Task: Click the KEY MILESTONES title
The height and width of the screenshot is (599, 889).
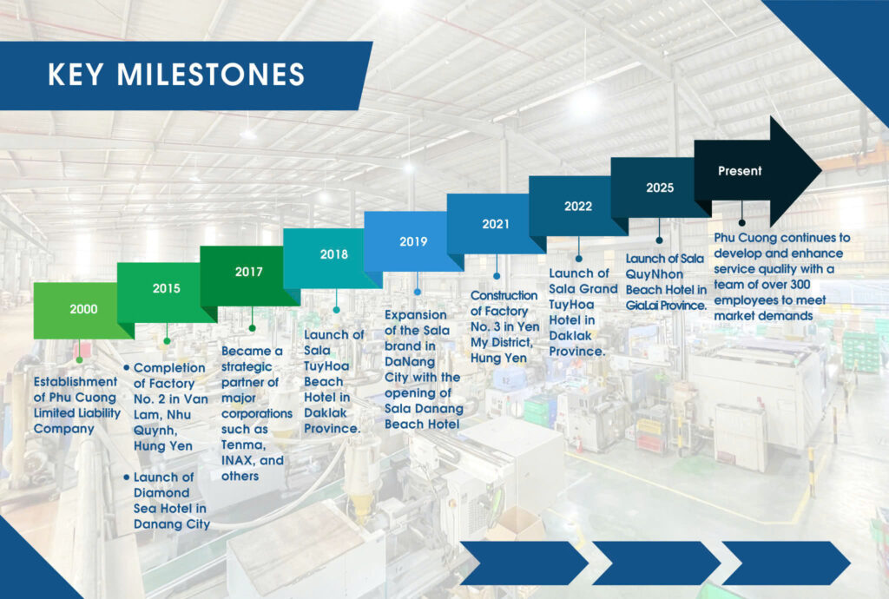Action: (176, 75)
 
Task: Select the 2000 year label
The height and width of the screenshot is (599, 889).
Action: (83, 309)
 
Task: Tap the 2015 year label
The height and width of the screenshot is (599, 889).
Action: (166, 288)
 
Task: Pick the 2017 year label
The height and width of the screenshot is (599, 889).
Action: (249, 272)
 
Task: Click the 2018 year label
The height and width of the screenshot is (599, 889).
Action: (334, 254)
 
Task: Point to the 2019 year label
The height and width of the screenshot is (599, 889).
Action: (413, 241)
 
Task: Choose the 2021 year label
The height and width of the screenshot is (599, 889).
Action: (496, 225)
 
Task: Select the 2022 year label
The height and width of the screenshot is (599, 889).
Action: (577, 207)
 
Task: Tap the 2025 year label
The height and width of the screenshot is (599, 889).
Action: (660, 188)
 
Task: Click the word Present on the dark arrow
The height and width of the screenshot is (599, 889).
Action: (740, 170)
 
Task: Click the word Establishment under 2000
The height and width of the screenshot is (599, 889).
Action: (76, 381)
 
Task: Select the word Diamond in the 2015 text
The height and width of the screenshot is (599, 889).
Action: (161, 492)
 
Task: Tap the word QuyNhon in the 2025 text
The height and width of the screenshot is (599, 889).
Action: (655, 274)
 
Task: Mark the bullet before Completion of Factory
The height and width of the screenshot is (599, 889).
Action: (127, 368)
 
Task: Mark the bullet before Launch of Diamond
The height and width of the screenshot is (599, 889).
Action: (127, 477)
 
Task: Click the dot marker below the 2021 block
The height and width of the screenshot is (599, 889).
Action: (497, 276)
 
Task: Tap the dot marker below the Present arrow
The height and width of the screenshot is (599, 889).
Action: (741, 223)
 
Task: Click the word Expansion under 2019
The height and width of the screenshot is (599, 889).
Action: (416, 315)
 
